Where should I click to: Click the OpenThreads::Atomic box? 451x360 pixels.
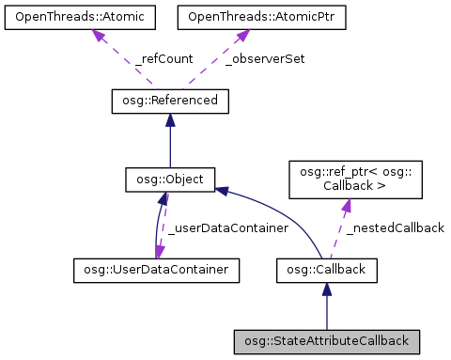pos(70,17)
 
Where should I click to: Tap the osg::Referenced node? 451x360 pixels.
pos(169,99)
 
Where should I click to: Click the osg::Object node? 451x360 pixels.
pos(169,178)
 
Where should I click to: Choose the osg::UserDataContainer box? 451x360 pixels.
pos(155,271)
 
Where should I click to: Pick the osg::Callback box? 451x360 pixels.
pos(326,271)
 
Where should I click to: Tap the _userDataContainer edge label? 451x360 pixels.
pos(211,227)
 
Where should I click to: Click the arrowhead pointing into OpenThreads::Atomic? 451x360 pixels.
pos(97,35)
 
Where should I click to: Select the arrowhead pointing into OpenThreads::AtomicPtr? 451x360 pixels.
pos(241,35)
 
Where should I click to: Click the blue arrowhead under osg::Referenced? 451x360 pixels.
pos(169,119)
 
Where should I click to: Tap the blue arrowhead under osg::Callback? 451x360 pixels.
pos(326,291)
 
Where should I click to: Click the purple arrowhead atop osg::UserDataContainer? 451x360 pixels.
pos(159,252)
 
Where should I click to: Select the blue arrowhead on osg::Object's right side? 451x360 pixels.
pos(222,191)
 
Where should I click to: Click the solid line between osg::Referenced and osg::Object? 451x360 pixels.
pos(169,146)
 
